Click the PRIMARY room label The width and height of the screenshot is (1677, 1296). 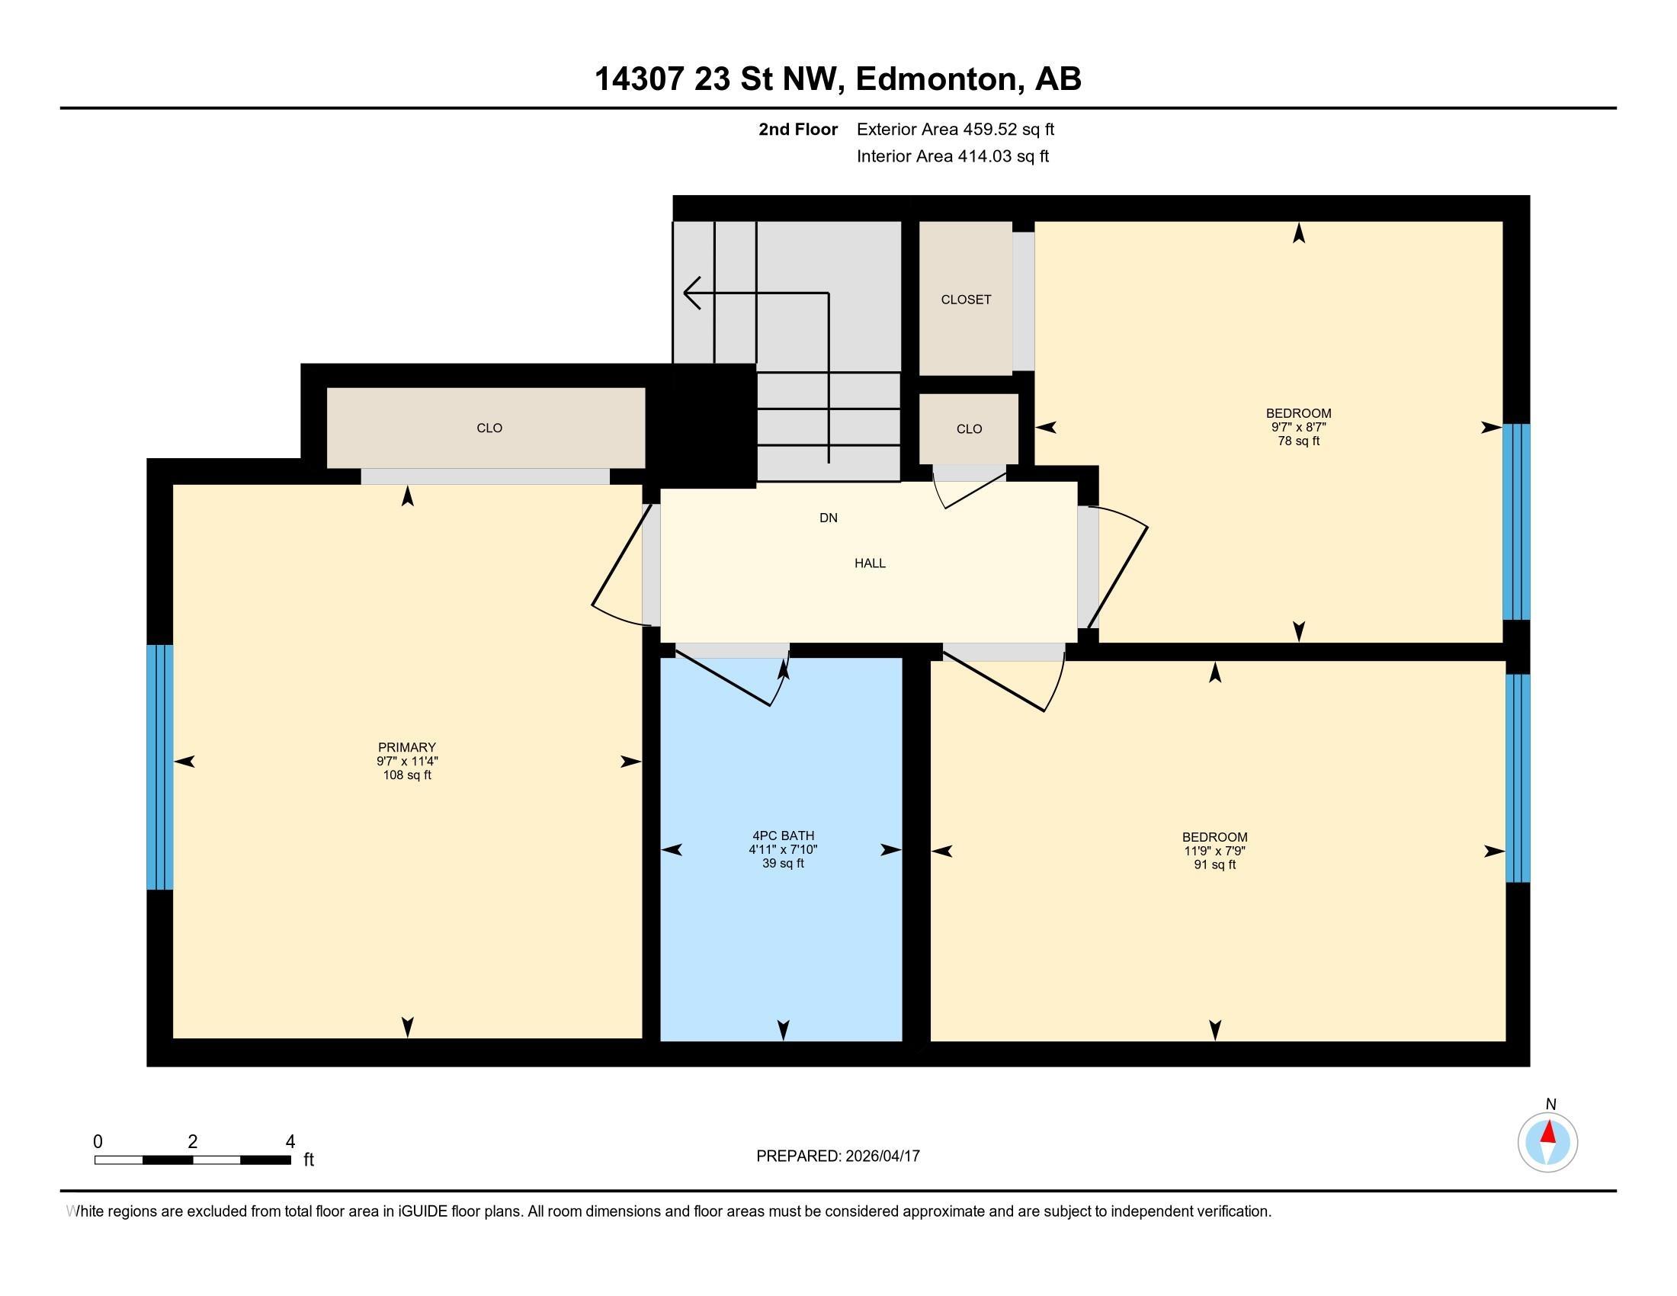coord(406,747)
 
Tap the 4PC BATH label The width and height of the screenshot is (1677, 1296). coord(782,836)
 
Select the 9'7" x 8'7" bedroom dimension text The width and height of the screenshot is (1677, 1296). coord(1297,427)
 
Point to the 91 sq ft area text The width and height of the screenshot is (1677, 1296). coord(1214,865)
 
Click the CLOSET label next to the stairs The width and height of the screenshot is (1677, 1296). coord(965,300)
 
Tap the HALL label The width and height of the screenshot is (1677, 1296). coord(869,563)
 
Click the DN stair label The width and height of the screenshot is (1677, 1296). coord(828,518)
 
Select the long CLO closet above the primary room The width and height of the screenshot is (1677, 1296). coord(489,428)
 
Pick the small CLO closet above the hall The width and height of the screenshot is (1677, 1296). coord(968,429)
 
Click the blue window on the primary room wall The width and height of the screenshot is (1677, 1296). coord(160,766)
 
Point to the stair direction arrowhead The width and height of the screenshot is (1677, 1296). coord(691,293)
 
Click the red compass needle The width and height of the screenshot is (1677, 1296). coord(1549,1132)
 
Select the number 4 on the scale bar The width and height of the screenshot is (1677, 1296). coord(290,1142)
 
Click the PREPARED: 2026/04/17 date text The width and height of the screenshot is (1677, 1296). coord(837,1156)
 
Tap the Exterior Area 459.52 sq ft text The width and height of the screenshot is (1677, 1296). coord(954,129)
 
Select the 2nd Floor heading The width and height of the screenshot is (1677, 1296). coord(797,129)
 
